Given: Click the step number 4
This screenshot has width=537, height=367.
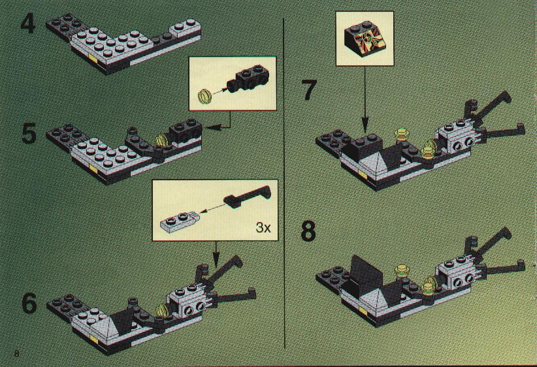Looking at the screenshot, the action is [x=28, y=24].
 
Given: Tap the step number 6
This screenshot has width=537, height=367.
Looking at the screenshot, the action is [x=29, y=304].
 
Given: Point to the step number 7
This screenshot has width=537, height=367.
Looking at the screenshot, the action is [x=309, y=90].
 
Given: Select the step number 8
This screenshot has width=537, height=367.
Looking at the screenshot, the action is [x=308, y=231].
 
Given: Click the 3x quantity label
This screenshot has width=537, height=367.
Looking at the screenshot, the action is [x=263, y=227].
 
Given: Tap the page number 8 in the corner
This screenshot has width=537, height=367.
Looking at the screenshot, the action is [x=17, y=353].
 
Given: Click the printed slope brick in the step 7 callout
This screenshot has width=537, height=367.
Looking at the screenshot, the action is [x=365, y=38].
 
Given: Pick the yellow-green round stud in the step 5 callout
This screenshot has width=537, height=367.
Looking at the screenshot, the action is [x=204, y=95].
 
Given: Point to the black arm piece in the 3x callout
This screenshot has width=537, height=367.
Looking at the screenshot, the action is [x=247, y=197].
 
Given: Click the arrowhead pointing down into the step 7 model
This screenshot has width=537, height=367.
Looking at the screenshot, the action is [x=365, y=125].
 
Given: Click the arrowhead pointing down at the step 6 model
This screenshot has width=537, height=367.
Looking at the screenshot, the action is [x=216, y=259].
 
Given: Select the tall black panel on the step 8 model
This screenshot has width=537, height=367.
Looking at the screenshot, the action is [x=366, y=273].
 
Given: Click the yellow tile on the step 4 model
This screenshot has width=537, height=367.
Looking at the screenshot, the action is [x=93, y=58].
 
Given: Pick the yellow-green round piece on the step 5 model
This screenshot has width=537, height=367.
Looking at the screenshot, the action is [x=161, y=141].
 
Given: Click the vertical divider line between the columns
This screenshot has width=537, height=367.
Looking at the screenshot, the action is [x=284, y=183].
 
